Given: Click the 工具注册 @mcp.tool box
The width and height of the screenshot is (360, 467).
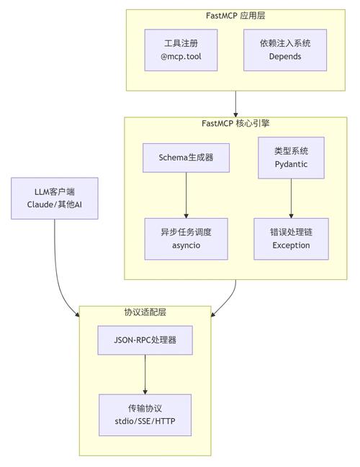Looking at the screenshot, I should (x=181, y=50).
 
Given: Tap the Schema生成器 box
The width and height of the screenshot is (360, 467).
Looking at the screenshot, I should (x=186, y=157).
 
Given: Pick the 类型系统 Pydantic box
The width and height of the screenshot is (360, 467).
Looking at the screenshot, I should (x=291, y=158).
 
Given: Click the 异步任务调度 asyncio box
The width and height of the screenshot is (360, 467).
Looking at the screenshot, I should (x=186, y=239).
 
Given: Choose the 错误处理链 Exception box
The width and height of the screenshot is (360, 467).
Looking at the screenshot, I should (x=291, y=239).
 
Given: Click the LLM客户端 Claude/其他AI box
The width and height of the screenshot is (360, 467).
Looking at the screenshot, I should (x=54, y=199).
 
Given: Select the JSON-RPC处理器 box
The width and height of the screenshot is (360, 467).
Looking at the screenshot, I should (x=145, y=340).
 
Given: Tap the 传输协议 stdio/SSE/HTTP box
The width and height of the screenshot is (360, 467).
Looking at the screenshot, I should (x=145, y=414).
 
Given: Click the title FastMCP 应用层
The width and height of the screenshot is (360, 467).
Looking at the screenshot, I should (x=235, y=15).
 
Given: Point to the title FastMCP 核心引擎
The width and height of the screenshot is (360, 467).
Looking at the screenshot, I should (x=235, y=123).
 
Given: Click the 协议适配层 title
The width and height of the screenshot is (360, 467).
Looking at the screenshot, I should (x=145, y=312).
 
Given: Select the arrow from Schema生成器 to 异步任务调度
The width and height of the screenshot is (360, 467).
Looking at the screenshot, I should (x=186, y=194).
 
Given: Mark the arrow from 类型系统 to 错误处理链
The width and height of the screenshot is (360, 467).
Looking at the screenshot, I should (x=291, y=198).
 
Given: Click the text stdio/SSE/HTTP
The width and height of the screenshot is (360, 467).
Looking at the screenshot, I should (x=145, y=422).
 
